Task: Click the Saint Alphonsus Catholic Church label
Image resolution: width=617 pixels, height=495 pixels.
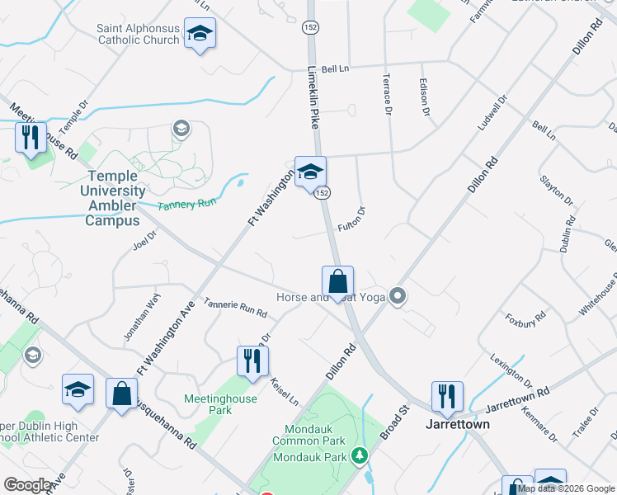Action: pos(138,34)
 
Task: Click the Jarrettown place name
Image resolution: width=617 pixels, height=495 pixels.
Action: pos(457,424)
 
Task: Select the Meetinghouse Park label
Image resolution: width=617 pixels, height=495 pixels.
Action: pos(221,404)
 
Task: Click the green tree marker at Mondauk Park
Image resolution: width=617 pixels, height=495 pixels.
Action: pos(359,455)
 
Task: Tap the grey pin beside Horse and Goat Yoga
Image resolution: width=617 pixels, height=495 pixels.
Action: pos(398,295)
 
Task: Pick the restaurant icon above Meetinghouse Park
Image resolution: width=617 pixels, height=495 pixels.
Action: pos(252,360)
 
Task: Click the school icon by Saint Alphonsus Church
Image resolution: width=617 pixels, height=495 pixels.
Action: pos(199,33)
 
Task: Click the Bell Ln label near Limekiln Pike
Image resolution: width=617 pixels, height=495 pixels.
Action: pos(336,69)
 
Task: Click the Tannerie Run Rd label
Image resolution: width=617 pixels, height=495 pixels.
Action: pos(236,308)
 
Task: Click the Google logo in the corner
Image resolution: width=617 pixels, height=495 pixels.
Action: pos(28,485)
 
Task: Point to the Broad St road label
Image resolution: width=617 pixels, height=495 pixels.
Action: pos(395,419)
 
